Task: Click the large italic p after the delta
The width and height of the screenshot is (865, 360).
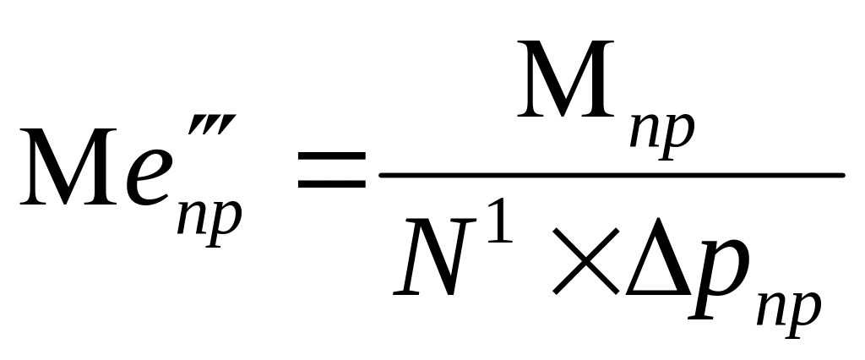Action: pos(719,283)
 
